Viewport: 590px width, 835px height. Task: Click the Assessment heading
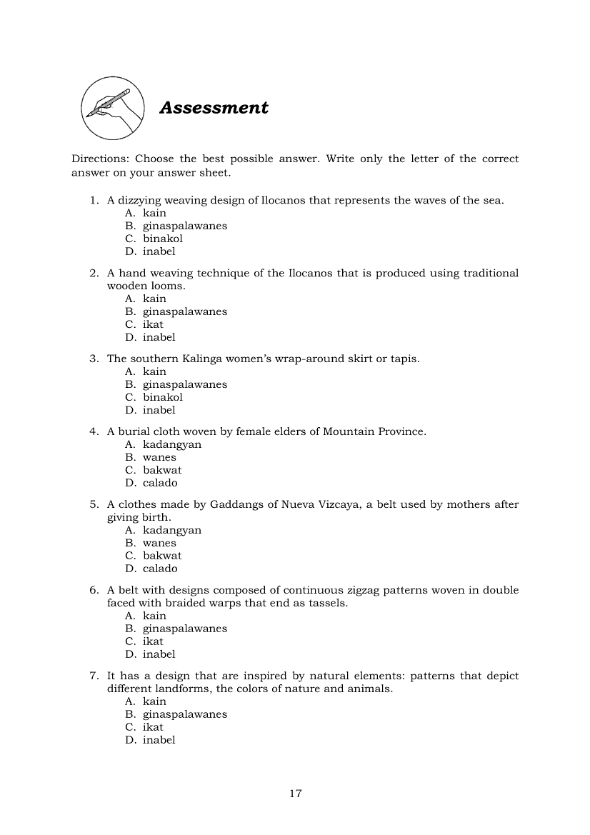214,108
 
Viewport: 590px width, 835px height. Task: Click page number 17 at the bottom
296,794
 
